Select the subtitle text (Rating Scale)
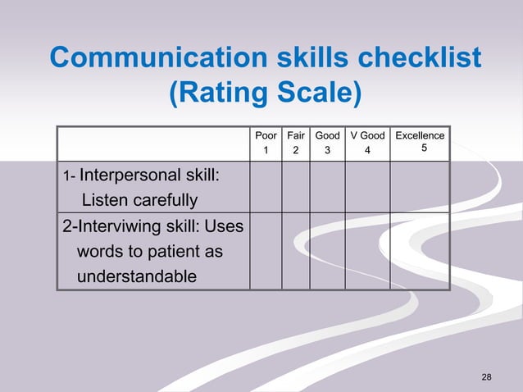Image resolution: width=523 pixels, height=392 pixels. point(264,93)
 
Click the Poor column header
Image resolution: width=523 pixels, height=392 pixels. point(266,135)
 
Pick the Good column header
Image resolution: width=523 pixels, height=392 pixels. point(327,135)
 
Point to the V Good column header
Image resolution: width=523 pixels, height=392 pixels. point(367,135)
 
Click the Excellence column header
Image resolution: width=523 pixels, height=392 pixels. point(420,135)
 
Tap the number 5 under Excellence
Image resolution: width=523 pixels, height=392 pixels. point(423,148)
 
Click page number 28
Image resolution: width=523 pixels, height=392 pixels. point(487,376)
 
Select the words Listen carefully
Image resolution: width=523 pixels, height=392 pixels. point(139,199)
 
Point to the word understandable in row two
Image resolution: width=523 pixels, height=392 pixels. point(136,276)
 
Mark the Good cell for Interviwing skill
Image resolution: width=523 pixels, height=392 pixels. point(327,251)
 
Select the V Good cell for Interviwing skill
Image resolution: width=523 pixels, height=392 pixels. point(367,251)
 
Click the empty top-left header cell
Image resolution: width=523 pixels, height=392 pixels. point(153,143)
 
